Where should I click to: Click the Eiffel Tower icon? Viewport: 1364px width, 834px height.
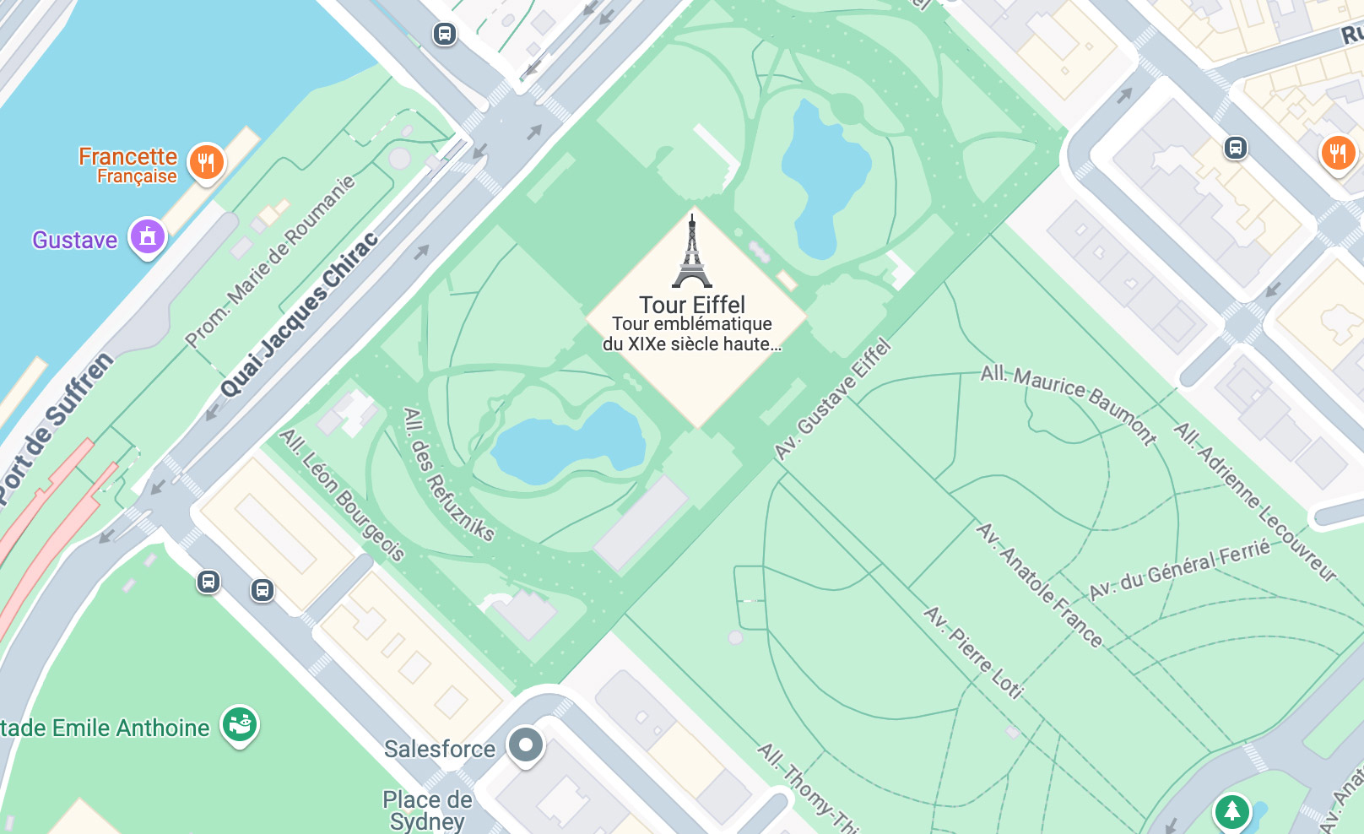692,252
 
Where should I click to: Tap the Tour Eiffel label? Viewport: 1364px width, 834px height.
692,305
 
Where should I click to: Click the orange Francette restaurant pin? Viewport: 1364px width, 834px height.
207,160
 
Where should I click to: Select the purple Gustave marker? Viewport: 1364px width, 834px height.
148,236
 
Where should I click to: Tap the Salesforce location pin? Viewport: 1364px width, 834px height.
526,745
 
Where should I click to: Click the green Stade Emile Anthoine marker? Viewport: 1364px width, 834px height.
240,724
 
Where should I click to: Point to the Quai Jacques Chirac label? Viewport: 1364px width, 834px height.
299,315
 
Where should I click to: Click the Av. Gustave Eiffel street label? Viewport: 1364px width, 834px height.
833,399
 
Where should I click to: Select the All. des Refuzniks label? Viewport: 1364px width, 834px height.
447,474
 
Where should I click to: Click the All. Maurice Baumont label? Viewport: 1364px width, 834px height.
1069,403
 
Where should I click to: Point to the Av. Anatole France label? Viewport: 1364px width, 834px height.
1039,585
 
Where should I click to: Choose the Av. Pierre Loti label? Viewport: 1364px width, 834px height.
973,652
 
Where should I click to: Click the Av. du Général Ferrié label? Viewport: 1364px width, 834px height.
1179,571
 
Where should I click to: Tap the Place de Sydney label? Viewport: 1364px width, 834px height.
427,810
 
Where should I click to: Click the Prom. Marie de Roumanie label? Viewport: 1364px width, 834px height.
270,262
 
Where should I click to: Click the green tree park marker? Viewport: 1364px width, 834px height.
1231,811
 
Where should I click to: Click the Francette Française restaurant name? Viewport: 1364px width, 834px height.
128,165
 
